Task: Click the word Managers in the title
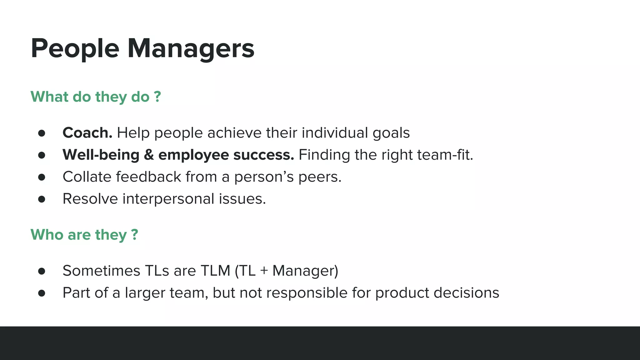[191, 48]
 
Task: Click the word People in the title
[75, 48]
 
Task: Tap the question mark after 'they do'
[157, 96]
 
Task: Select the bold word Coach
[87, 133]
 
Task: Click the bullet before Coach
[42, 133]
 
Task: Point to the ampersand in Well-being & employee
[149, 155]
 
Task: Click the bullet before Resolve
[42, 199]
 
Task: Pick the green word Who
[47, 234]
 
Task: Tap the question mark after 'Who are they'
[135, 234]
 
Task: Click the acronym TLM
[215, 271]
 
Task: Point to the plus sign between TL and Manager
[264, 271]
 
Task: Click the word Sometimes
[101, 271]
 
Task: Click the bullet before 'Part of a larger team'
[42, 293]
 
